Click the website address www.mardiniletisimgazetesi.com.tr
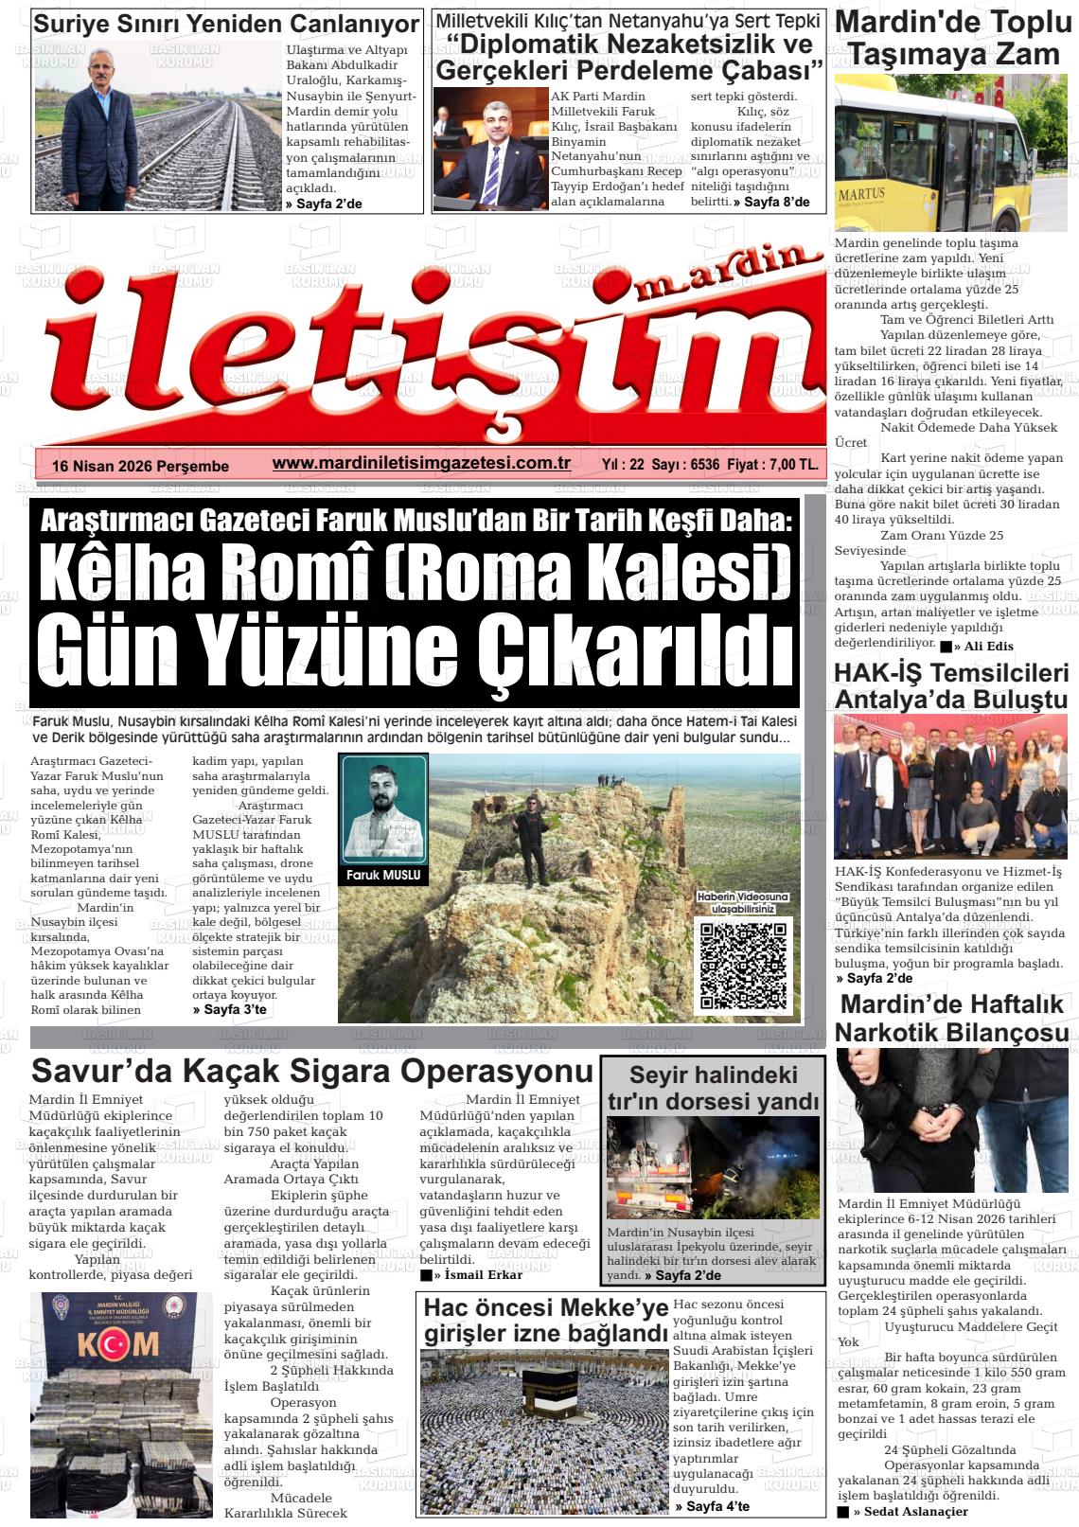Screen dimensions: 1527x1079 421,463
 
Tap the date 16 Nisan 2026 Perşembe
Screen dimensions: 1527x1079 141,466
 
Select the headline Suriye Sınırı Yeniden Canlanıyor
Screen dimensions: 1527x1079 226,24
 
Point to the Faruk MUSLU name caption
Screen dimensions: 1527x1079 384,876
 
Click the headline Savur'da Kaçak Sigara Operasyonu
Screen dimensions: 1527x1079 312,1072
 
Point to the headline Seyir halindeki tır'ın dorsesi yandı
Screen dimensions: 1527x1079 714,1088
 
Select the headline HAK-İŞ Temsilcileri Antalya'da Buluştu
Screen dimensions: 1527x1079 951,686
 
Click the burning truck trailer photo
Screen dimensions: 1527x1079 713,1167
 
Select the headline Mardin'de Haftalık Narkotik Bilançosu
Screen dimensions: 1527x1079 953,1018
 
